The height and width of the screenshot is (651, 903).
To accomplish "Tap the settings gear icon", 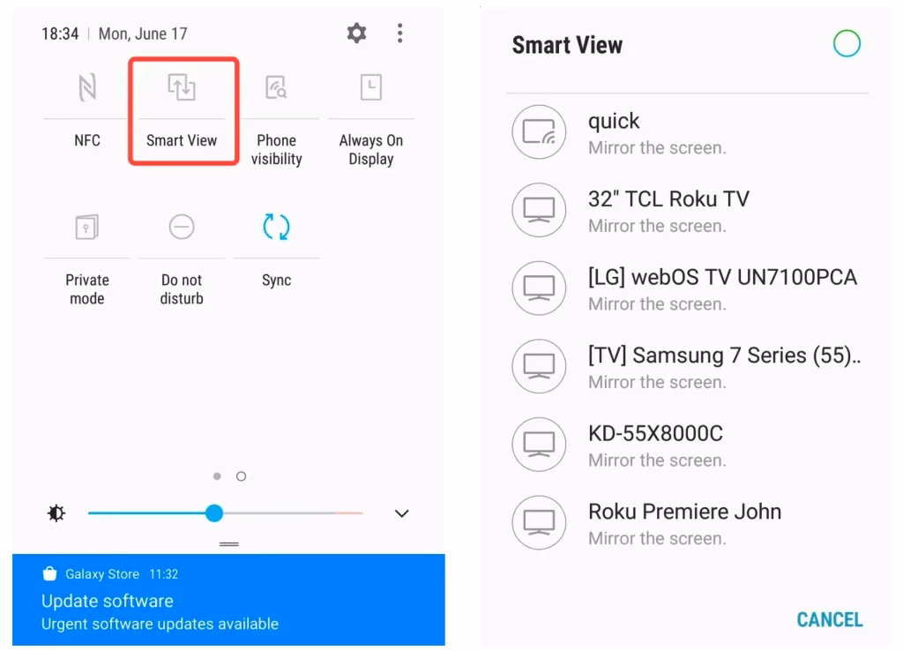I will [x=356, y=34].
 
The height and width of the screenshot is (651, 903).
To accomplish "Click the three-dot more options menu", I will [x=399, y=34].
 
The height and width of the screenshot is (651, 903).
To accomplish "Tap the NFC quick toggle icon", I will [x=87, y=87].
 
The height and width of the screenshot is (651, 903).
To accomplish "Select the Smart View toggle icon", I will [x=182, y=87].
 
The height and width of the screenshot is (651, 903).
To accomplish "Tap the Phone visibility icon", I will [x=276, y=87].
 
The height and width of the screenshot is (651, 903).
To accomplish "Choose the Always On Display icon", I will [x=370, y=87].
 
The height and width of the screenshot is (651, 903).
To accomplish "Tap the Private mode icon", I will [x=87, y=228].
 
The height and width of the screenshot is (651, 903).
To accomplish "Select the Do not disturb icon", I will [x=182, y=228].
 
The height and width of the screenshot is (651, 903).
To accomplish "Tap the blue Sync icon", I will [x=276, y=227].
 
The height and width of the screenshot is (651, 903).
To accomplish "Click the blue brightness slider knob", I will [x=214, y=513].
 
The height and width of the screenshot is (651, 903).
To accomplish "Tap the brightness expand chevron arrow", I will [x=402, y=513].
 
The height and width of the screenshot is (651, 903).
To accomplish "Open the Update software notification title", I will [x=108, y=602].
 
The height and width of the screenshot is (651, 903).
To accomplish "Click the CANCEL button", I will [x=829, y=619].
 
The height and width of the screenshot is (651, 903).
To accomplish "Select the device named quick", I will [x=614, y=121].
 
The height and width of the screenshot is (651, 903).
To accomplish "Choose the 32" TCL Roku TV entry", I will [x=668, y=199].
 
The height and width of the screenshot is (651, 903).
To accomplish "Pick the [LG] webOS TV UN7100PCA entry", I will [x=722, y=277].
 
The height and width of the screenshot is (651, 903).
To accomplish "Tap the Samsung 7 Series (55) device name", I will [x=724, y=355].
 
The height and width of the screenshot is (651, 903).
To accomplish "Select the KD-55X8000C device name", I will [x=655, y=433].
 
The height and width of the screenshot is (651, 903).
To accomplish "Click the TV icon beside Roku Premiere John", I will [x=539, y=522].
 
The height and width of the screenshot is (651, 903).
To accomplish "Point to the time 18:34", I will [x=60, y=34].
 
